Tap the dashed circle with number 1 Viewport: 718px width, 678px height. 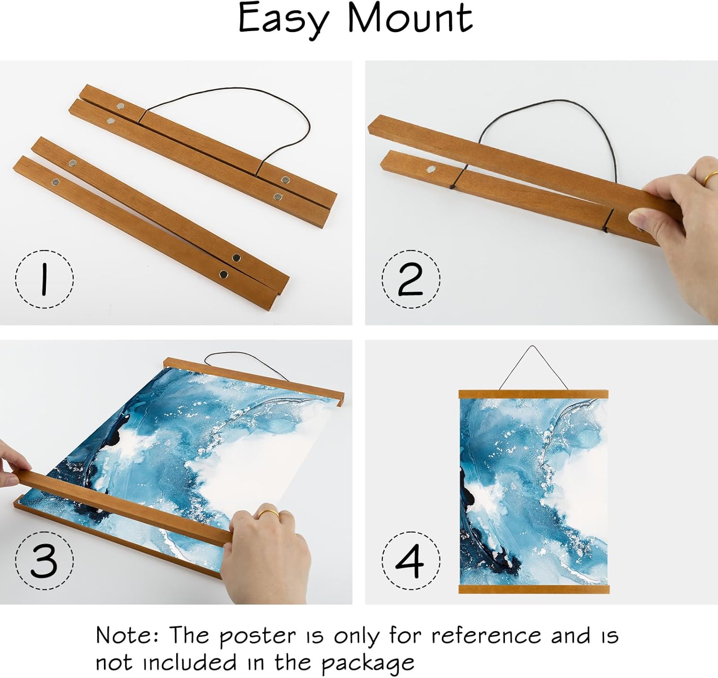point(45,279)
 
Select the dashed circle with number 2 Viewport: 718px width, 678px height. point(411,279)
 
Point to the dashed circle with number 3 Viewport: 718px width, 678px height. point(45,560)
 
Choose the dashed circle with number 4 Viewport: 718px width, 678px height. point(411,560)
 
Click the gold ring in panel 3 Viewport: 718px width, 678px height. point(269,514)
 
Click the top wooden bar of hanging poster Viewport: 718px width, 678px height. point(533,395)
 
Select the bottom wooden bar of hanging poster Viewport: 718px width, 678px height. point(533,589)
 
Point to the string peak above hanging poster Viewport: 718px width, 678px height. point(533,347)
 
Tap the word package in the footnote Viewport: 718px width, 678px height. point(368,663)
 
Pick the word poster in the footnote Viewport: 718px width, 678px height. point(258,637)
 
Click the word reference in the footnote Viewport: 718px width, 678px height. point(486,636)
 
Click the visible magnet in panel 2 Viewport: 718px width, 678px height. point(431,169)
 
